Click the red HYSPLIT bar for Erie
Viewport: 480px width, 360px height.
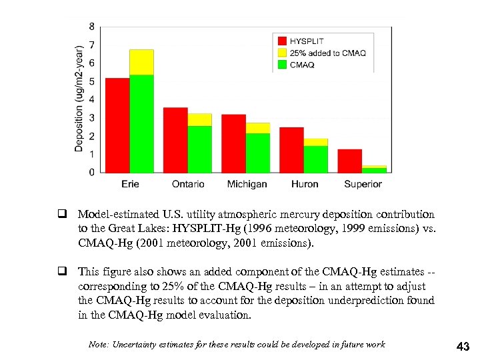(117, 125)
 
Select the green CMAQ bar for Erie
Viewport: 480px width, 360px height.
(141, 124)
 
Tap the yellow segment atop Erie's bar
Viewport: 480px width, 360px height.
(141, 62)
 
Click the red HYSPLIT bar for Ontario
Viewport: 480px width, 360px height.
(175, 140)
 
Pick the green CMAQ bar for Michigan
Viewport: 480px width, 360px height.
(258, 153)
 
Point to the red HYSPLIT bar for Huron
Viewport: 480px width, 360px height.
(291, 150)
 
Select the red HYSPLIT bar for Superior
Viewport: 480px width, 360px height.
(349, 161)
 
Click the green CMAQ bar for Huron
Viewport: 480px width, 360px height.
(316, 159)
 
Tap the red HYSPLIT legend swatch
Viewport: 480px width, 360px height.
(282, 41)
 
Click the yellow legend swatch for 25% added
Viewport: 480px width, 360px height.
(282, 53)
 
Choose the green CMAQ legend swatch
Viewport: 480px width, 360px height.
(282, 65)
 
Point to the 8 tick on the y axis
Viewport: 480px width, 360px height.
(91, 27)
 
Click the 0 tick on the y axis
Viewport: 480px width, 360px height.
(91, 173)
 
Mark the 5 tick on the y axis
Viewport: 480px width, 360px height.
(91, 81)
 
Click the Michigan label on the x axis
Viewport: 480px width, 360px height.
(247, 185)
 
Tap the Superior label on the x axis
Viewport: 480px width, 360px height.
(363, 185)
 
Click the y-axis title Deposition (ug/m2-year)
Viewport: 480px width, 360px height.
(79, 99)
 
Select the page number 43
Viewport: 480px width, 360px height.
(462, 346)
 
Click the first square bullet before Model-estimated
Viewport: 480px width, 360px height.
(60, 215)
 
